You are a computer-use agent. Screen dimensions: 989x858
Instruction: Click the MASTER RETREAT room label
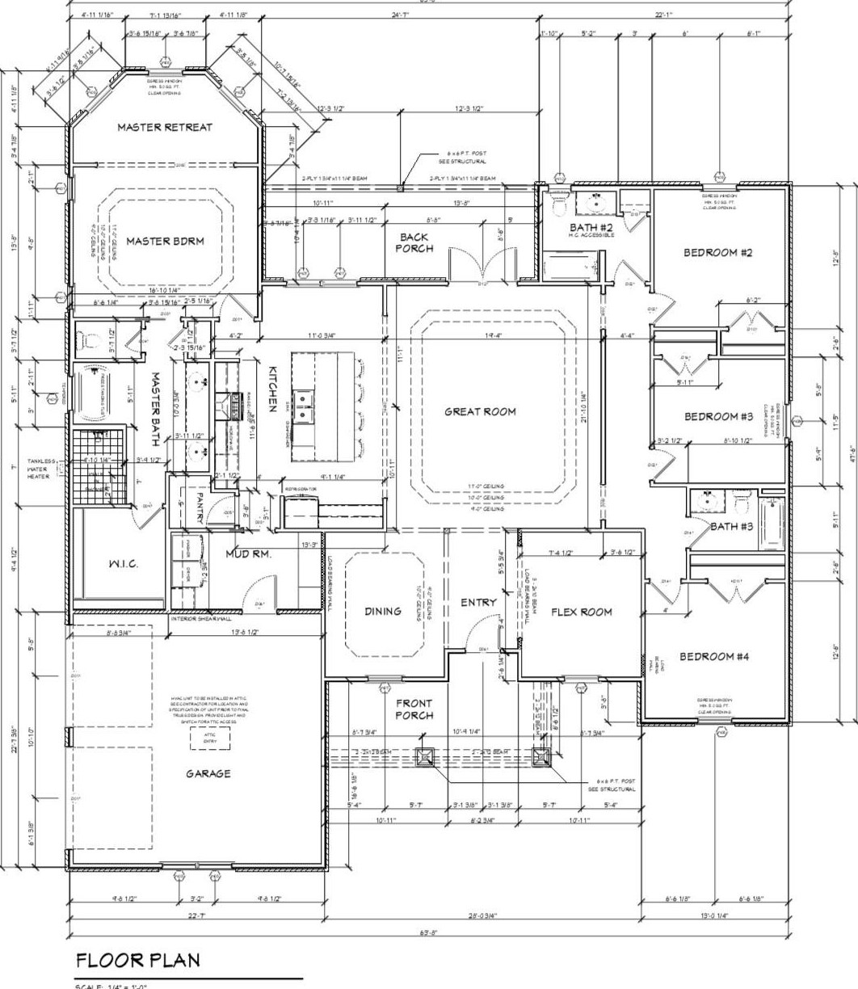coord(165,127)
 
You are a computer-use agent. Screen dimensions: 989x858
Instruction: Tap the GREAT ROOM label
coord(480,411)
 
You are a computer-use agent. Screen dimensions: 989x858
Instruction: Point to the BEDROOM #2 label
coord(718,253)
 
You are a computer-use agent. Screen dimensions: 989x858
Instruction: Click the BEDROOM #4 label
coord(713,656)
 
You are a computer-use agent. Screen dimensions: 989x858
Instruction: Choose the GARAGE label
coord(208,773)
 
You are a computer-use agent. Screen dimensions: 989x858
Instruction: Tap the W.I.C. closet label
coord(122,564)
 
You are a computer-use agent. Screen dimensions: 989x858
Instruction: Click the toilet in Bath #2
coord(558,202)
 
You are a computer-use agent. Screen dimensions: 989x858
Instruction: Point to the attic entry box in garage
coord(210,737)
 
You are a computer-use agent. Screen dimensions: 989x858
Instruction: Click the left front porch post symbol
coord(425,757)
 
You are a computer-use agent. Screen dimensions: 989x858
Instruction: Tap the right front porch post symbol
coord(541,757)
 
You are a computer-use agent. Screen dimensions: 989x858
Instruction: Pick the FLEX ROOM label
coord(581,612)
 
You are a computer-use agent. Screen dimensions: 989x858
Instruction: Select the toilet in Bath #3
coord(742,504)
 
